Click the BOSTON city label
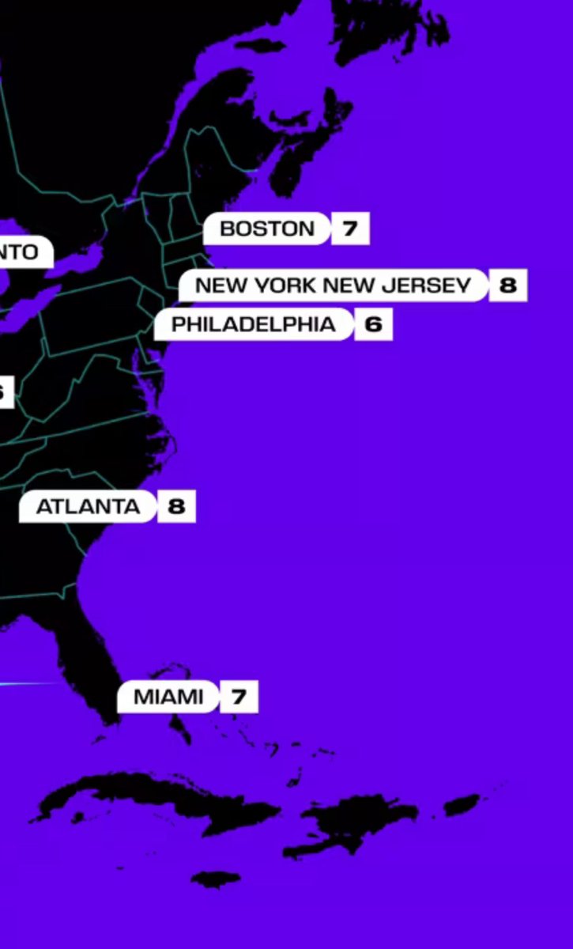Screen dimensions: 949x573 266,229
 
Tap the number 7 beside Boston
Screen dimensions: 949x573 350,229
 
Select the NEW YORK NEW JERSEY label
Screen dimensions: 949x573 333,285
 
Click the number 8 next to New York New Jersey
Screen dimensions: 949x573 507,285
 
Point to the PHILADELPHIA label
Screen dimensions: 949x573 253,324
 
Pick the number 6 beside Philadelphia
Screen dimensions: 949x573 373,324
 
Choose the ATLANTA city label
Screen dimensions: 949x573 87,506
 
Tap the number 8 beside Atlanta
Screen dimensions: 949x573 176,506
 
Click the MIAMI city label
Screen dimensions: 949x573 168,698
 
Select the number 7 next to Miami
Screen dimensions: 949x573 239,698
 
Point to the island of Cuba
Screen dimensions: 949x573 158,795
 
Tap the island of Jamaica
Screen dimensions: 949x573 216,879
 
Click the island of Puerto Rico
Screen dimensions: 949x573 462,805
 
